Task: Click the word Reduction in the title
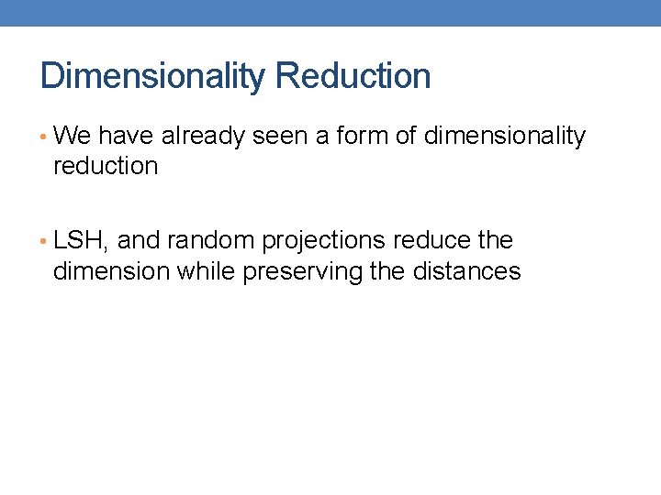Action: coord(353,76)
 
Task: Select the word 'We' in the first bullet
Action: coord(73,137)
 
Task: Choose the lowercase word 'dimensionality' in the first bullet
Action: coord(504,137)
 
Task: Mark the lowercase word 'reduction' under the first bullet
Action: coord(106,167)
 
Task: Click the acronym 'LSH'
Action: coord(81,241)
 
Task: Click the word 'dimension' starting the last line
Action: coord(112,271)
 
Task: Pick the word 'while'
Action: coord(207,271)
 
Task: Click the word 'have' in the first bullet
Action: coord(126,137)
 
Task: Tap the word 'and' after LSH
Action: coord(139,241)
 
